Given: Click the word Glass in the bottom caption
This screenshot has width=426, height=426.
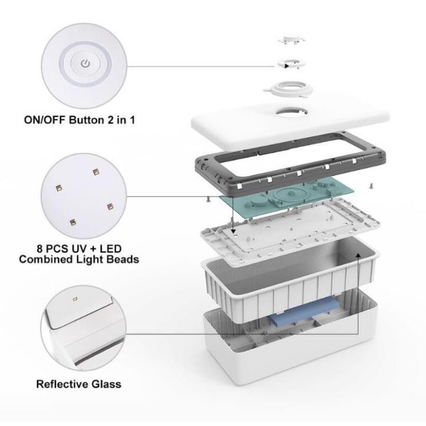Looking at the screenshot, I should (107, 384).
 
